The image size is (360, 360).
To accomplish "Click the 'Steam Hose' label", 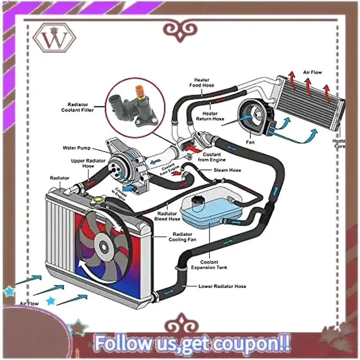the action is [x=227, y=170].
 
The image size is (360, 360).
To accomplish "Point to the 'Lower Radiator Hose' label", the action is [x=222, y=286].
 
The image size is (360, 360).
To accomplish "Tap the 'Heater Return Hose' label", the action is [x=210, y=116].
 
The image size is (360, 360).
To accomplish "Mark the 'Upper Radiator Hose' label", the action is [x=82, y=163].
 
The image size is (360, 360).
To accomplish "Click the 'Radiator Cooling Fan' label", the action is [x=180, y=237].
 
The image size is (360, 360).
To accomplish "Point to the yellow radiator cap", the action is [x=98, y=199].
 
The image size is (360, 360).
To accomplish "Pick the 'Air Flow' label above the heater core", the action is [x=312, y=72].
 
